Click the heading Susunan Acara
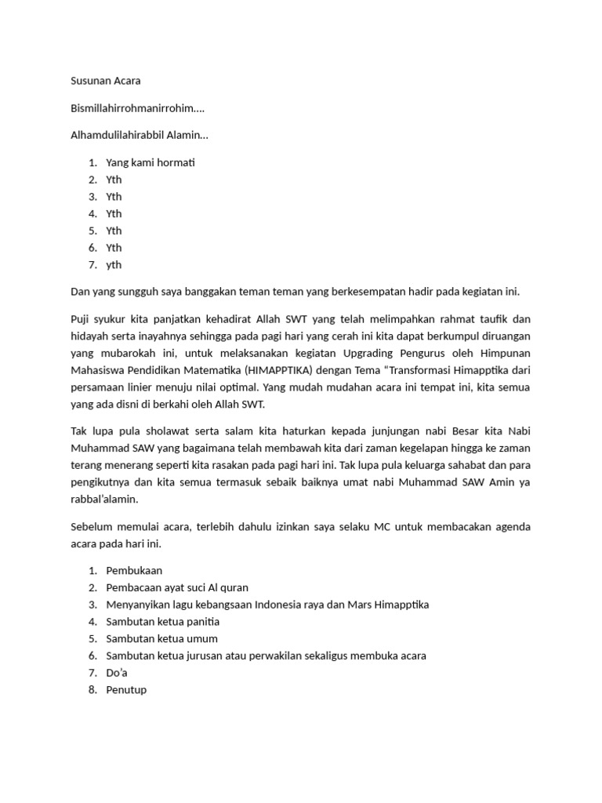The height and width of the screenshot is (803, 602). pyautogui.click(x=106, y=81)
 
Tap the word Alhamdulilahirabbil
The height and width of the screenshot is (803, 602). pyautogui.click(x=118, y=135)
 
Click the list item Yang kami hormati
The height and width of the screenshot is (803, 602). pyautogui.click(x=150, y=162)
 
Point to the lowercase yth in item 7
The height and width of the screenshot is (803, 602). pyautogui.click(x=114, y=264)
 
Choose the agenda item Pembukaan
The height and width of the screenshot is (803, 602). pyautogui.click(x=134, y=570)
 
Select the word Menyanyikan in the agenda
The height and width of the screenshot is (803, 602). pyautogui.click(x=136, y=605)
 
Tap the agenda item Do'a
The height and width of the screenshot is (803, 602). pyautogui.click(x=116, y=673)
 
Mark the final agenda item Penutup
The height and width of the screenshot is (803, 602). pyautogui.click(x=126, y=690)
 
